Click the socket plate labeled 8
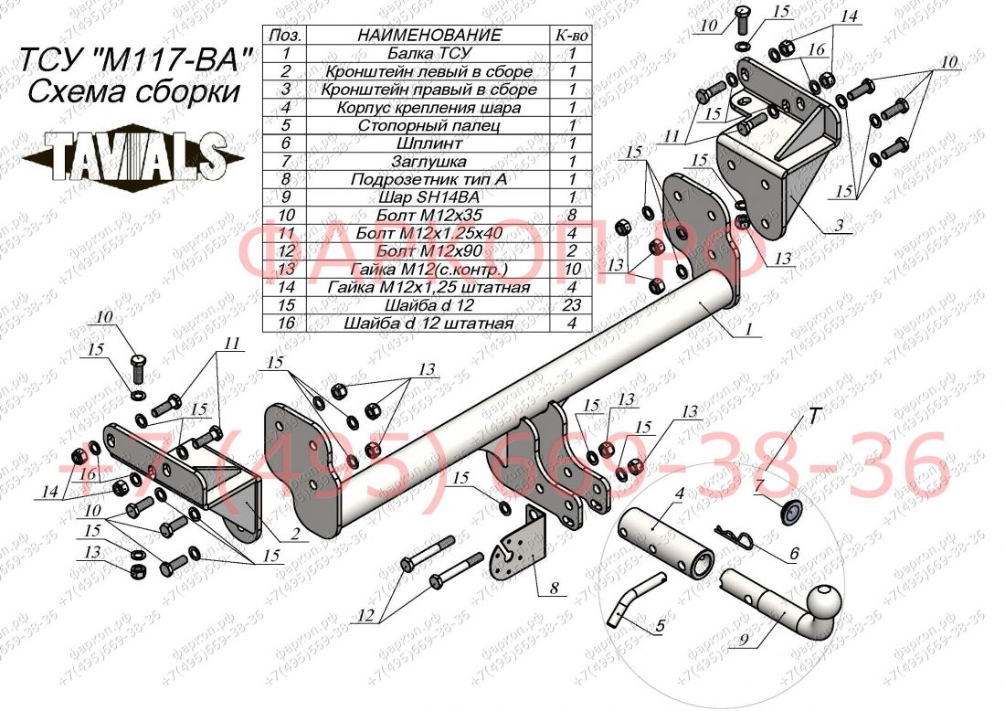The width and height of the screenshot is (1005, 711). (518, 549)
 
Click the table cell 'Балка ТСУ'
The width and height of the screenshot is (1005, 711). (428, 53)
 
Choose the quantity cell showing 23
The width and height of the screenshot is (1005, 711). (571, 305)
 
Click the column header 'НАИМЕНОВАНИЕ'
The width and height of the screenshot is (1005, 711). (428, 36)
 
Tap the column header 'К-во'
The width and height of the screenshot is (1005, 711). (571, 36)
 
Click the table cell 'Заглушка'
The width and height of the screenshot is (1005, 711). (428, 161)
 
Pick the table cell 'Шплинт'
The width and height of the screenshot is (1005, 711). (428, 143)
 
